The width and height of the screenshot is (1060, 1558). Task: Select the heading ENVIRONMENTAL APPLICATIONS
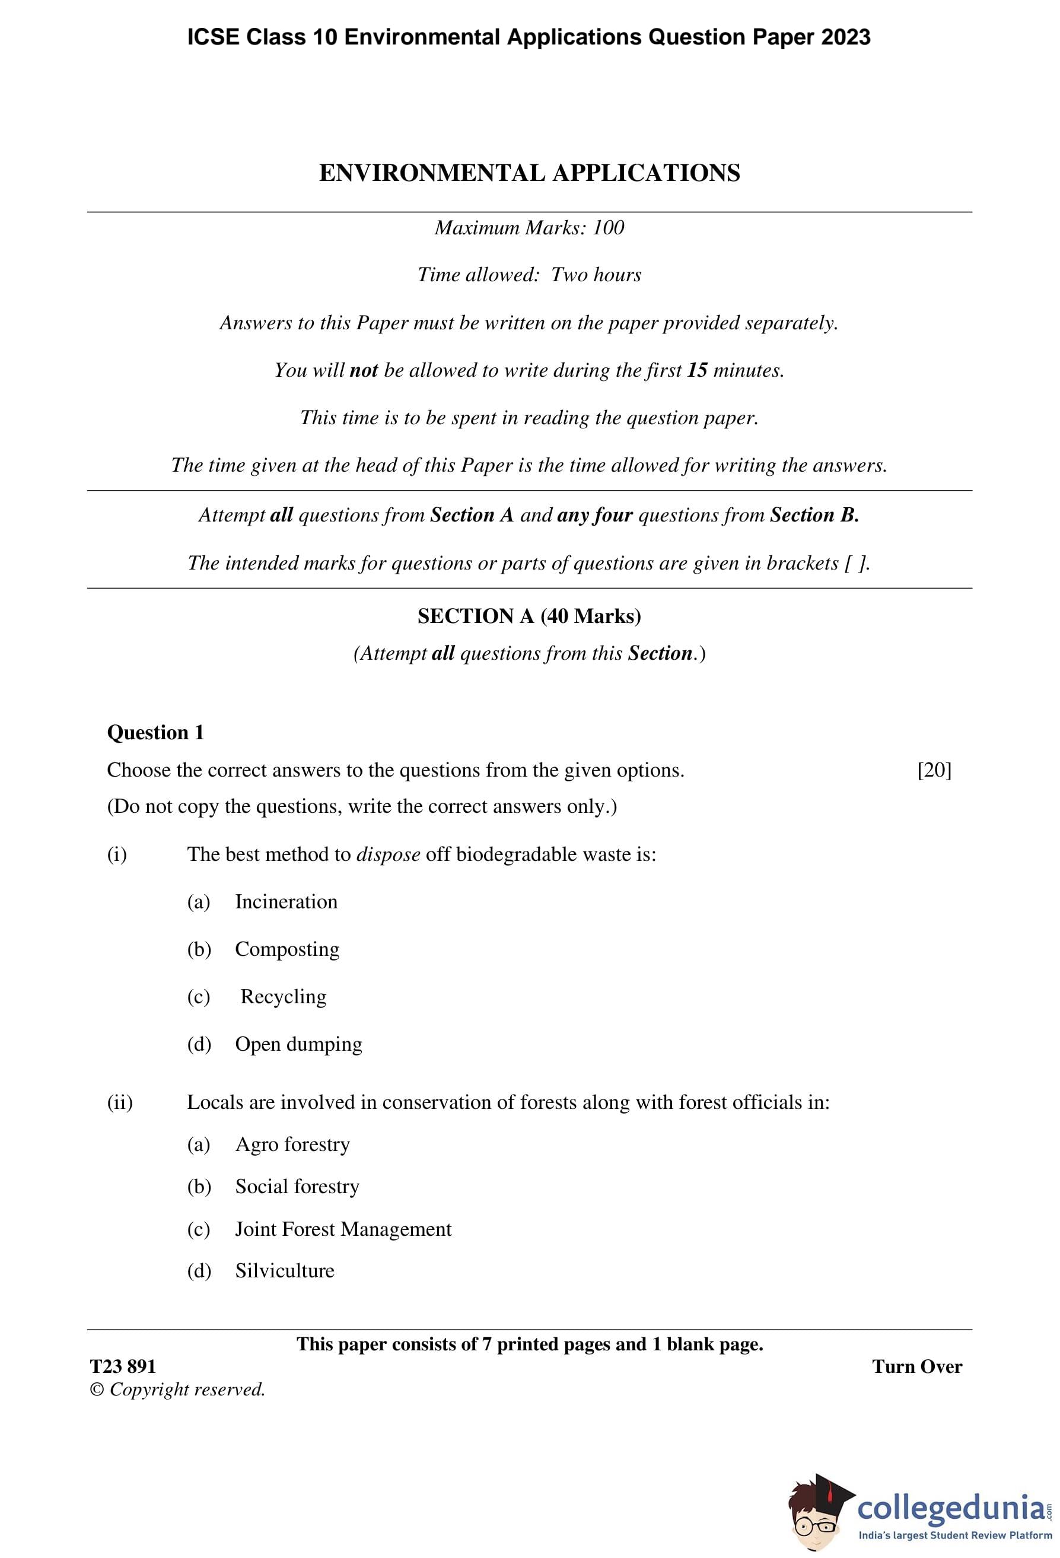pyautogui.click(x=530, y=173)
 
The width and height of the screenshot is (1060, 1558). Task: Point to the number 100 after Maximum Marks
pyautogui.click(x=609, y=228)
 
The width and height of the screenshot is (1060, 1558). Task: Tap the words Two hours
pyautogui.click(x=596, y=275)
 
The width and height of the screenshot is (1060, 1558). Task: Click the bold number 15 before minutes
pyautogui.click(x=698, y=370)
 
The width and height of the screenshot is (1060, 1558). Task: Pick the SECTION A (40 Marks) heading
pyautogui.click(x=530, y=616)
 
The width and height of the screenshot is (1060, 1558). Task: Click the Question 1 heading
pyautogui.click(x=155, y=732)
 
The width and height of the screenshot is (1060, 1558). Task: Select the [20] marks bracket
pyautogui.click(x=934, y=770)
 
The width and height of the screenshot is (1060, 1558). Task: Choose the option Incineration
pyautogui.click(x=287, y=902)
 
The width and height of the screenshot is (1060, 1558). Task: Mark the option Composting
pyautogui.click(x=287, y=949)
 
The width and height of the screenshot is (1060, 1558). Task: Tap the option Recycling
pyautogui.click(x=284, y=997)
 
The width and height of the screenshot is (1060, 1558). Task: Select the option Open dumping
pyautogui.click(x=298, y=1044)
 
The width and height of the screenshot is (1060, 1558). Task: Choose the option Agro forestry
pyautogui.click(x=292, y=1144)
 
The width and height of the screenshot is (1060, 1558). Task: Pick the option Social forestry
pyautogui.click(x=297, y=1187)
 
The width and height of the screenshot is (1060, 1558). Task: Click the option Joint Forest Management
pyautogui.click(x=343, y=1229)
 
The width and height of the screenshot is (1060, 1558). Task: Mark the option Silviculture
pyautogui.click(x=284, y=1270)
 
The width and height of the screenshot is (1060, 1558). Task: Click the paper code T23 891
pyautogui.click(x=123, y=1366)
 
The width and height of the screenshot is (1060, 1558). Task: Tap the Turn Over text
pyautogui.click(x=916, y=1366)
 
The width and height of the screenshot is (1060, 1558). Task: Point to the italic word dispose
pyautogui.click(x=388, y=854)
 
